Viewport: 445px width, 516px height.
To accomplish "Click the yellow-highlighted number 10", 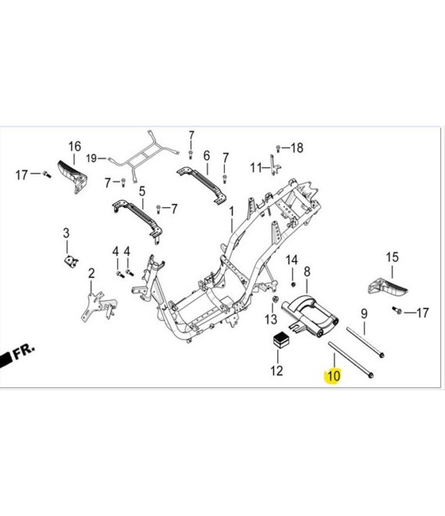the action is (333, 375).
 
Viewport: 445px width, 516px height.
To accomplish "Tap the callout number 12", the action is (276, 371).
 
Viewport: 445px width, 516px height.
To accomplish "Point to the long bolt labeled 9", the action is (365, 342).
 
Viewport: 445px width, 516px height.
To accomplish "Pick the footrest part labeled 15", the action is (387, 286).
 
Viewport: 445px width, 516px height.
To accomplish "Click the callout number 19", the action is (91, 158).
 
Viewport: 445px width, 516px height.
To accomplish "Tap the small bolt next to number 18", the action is (278, 148).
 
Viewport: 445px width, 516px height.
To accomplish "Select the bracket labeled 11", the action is (275, 165).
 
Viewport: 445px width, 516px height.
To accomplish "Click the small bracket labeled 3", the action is (71, 262).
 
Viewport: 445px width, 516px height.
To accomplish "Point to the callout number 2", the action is (91, 273).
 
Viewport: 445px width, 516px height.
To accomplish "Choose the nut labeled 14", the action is (294, 284).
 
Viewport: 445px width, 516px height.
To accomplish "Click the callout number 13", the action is (271, 319).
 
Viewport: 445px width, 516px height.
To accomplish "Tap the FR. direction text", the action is (23, 352).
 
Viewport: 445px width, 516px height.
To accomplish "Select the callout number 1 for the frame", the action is (232, 212).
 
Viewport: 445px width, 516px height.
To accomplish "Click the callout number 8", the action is (307, 272).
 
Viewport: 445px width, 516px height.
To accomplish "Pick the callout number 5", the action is (142, 192).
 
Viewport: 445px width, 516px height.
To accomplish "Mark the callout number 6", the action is (206, 156).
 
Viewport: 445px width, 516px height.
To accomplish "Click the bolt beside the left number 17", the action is (46, 174).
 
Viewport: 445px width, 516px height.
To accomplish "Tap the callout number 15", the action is (392, 257).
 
